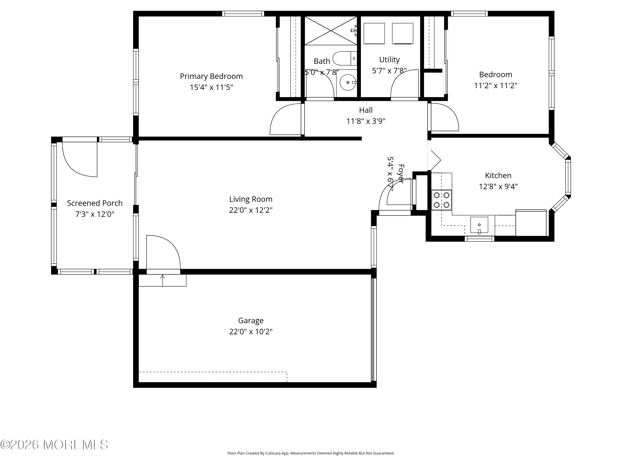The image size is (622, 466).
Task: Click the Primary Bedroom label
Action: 211,76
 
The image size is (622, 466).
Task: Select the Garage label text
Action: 251,320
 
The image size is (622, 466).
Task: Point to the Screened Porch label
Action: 95,203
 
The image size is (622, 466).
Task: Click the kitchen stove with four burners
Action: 441,200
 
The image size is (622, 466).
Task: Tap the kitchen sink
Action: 479,225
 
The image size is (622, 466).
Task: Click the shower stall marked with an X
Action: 331,31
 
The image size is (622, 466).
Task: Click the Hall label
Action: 366,110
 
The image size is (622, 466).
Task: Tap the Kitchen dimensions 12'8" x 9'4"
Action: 498,187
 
